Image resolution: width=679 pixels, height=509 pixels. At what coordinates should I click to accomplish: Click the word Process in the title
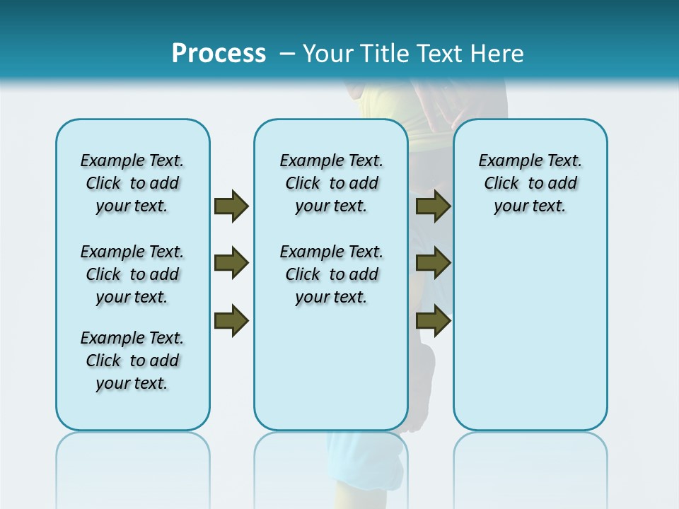[219, 53]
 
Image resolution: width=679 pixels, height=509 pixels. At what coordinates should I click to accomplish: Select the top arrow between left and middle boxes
[231, 206]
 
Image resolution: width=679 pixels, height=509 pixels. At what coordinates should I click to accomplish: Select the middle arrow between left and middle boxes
[231, 263]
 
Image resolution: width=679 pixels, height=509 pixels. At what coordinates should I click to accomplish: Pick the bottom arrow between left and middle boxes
[231, 320]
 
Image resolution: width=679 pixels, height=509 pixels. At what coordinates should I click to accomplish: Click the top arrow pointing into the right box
[434, 206]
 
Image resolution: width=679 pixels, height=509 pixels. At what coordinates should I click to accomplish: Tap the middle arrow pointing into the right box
[434, 263]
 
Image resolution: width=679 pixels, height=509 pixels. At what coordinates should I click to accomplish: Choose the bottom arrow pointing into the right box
[434, 320]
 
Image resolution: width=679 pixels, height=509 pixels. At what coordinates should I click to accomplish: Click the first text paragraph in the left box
[132, 183]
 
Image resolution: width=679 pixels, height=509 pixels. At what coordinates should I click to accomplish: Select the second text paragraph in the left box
[132, 274]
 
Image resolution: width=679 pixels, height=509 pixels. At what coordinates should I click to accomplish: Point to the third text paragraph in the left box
[132, 361]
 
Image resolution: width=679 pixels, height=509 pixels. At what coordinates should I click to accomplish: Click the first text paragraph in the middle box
[332, 183]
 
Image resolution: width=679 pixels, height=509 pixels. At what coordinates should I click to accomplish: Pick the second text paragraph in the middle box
[332, 274]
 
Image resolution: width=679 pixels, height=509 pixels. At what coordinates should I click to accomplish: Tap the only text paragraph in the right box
[530, 183]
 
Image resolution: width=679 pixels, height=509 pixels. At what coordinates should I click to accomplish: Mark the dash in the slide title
[287, 54]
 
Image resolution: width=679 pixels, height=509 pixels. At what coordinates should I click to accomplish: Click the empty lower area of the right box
[530, 339]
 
